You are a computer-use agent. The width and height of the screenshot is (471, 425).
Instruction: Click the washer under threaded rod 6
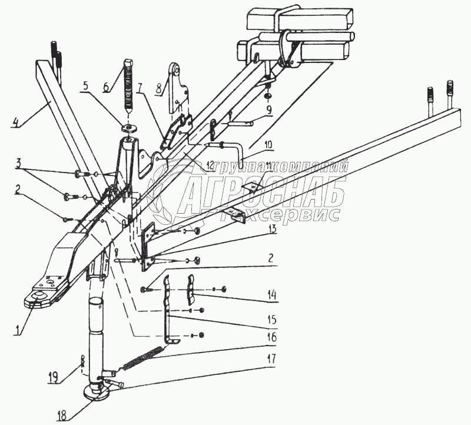pyautogui.click(x=128, y=129)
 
